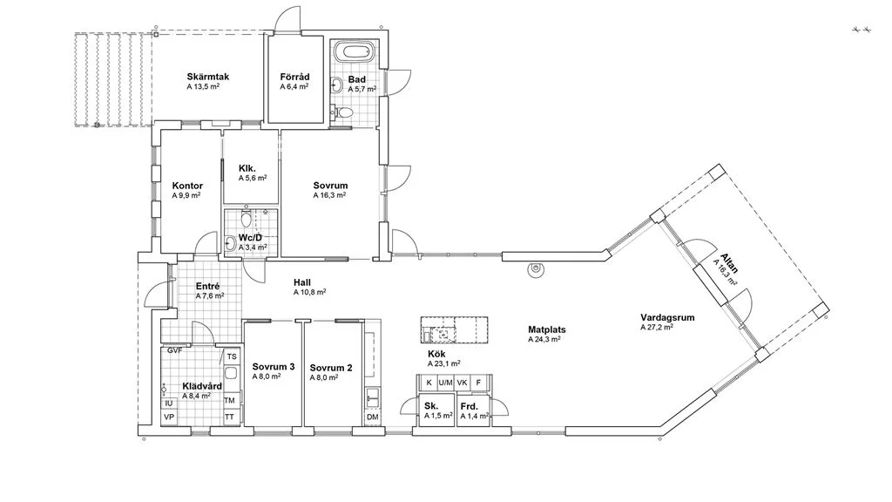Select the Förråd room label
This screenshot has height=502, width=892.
click(294, 75)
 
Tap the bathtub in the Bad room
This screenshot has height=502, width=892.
click(354, 51)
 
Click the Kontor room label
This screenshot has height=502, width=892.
click(187, 186)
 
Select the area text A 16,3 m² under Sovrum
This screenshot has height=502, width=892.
click(329, 196)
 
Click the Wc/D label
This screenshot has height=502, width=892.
click(251, 238)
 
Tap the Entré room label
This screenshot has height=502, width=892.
click(207, 286)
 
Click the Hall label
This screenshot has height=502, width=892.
click(302, 282)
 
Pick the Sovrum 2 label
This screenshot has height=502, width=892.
click(330, 367)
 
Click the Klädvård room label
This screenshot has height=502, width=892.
click(201, 385)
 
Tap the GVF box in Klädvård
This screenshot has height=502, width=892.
click(174, 351)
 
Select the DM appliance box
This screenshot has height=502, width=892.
click(372, 417)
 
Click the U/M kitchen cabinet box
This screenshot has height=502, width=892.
click(445, 383)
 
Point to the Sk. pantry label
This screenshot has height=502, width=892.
click(431, 406)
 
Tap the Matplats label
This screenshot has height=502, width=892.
click(547, 329)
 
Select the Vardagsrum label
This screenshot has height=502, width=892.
click(666, 318)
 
